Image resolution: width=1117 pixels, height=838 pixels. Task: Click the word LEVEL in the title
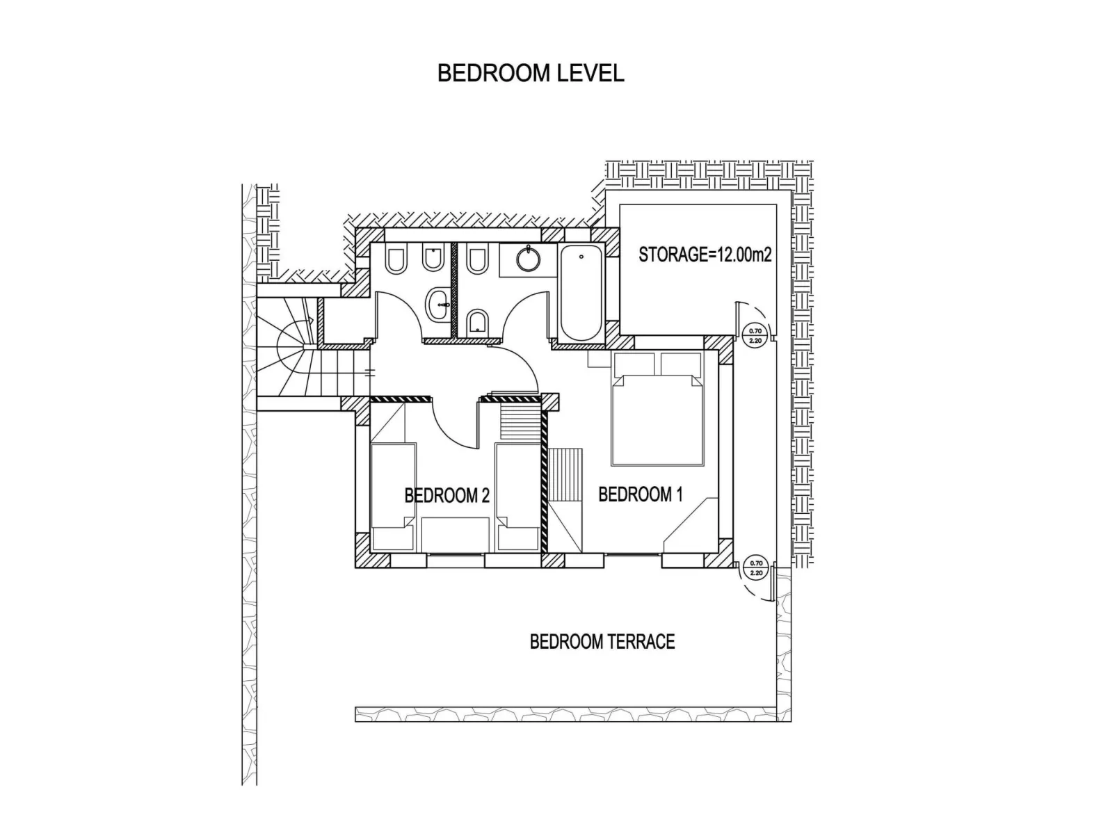tap(590, 73)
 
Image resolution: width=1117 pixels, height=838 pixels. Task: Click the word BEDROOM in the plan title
tap(495, 73)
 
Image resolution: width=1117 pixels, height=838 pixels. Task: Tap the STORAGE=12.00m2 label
tap(705, 255)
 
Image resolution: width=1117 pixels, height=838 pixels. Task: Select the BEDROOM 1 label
tap(640, 494)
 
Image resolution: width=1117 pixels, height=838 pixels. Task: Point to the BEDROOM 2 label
tap(447, 496)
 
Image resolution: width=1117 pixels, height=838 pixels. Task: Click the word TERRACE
tap(639, 642)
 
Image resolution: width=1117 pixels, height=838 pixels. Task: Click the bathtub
tap(581, 293)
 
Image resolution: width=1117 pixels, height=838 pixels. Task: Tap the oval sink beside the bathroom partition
tap(438, 305)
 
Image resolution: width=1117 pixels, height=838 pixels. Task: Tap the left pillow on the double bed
tap(634, 364)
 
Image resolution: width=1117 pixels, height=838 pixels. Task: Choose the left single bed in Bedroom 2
tap(393, 497)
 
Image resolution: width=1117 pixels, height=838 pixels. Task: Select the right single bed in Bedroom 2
tap(518, 497)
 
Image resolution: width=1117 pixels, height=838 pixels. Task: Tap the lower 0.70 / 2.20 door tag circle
tap(756, 567)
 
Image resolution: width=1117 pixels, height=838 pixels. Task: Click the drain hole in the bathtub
tap(581, 257)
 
